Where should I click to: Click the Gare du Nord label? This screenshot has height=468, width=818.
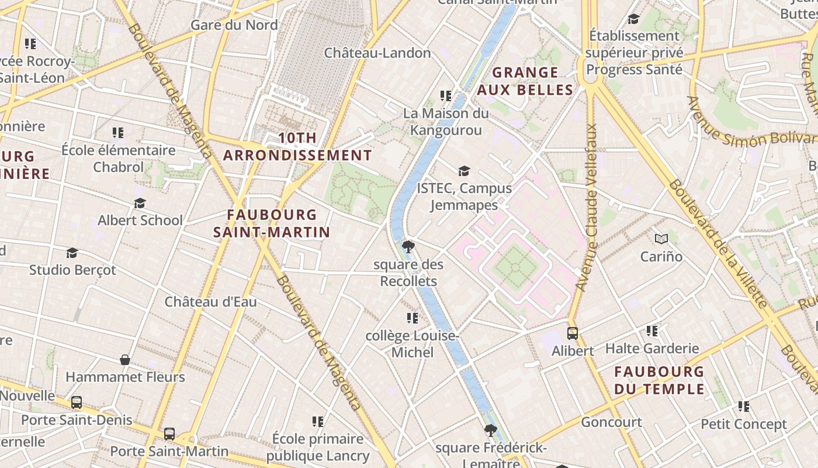(234, 25)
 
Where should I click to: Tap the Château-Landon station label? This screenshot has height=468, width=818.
(377, 53)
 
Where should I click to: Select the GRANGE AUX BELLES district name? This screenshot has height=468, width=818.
(525, 81)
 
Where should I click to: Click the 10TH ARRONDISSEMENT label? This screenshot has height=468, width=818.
(297, 147)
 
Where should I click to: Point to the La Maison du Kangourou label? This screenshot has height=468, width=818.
(446, 122)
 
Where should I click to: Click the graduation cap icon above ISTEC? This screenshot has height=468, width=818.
(464, 171)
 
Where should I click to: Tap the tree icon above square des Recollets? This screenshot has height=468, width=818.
(408, 246)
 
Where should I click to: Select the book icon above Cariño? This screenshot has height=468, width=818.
(661, 239)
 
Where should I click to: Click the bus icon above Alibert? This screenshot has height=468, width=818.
(573, 333)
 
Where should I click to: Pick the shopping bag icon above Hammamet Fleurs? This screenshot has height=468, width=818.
(125, 359)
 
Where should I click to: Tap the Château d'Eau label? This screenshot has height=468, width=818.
(210, 302)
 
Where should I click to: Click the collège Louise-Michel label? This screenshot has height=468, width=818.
(413, 344)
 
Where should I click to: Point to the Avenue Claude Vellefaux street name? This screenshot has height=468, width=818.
(587, 207)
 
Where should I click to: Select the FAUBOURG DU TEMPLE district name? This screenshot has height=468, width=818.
(659, 380)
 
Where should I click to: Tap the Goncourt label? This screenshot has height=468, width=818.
(611, 422)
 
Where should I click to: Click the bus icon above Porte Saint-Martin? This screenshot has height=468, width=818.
(169, 434)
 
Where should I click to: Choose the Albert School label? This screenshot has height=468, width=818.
(140, 221)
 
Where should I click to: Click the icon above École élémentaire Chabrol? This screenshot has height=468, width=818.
(119, 133)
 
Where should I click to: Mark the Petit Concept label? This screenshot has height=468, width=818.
(743, 424)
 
